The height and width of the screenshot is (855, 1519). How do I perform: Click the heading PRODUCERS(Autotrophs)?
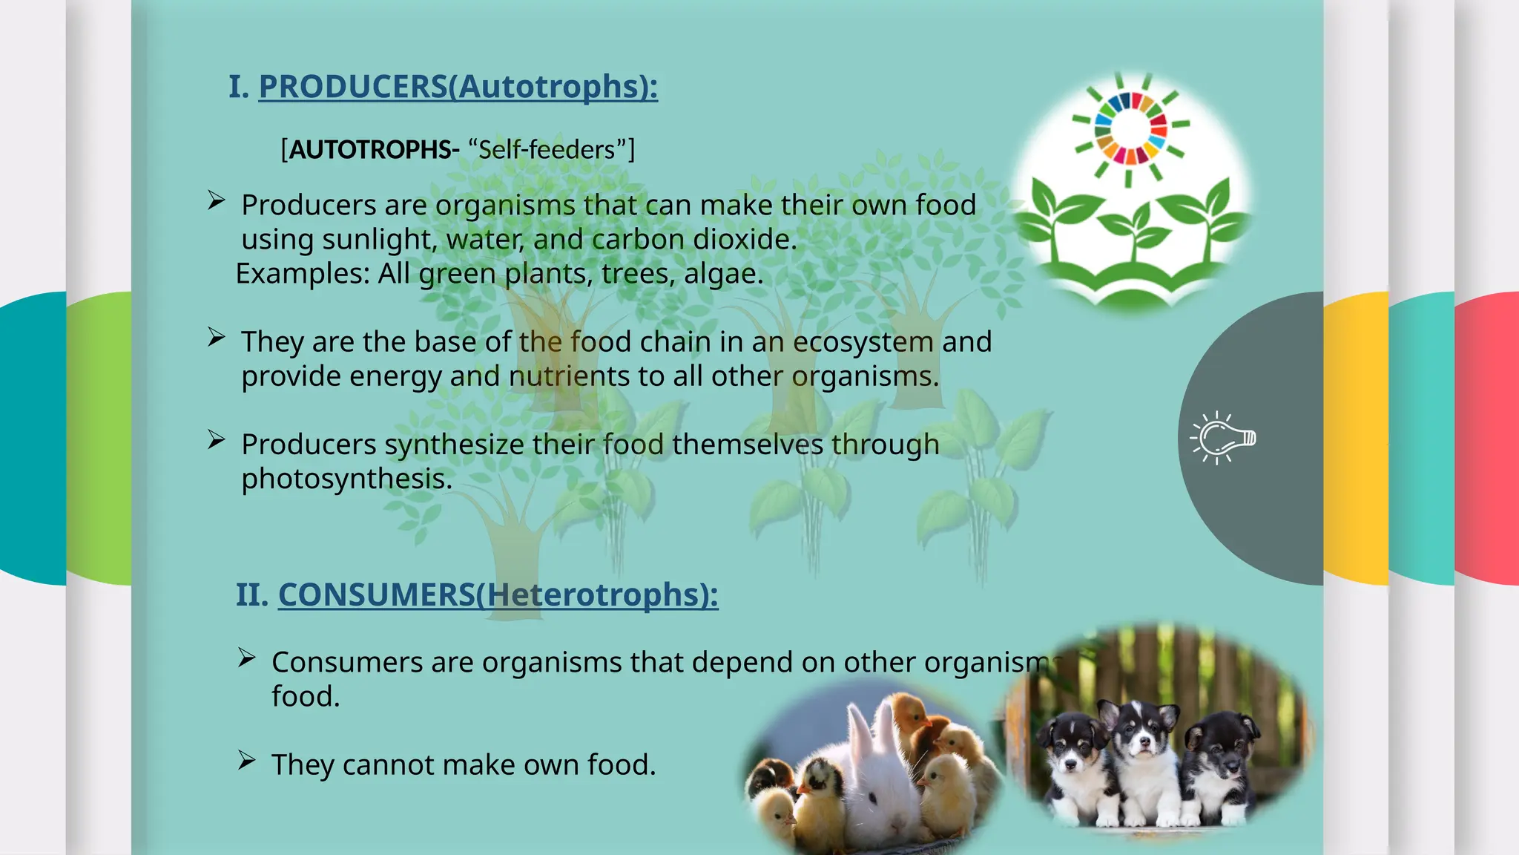tap(458, 87)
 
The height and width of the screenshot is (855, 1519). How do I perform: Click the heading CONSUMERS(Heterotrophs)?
tap(498, 595)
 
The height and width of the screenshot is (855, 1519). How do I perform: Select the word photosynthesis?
tap(346, 479)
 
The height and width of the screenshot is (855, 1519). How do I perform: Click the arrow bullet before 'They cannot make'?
tap(247, 760)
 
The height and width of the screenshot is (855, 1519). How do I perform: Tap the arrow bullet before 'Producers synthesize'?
tap(217, 439)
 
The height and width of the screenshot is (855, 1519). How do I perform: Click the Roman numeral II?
tap(251, 595)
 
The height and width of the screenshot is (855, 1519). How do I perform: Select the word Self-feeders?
tap(547, 150)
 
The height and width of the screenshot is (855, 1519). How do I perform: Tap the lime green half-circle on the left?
tap(99, 438)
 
